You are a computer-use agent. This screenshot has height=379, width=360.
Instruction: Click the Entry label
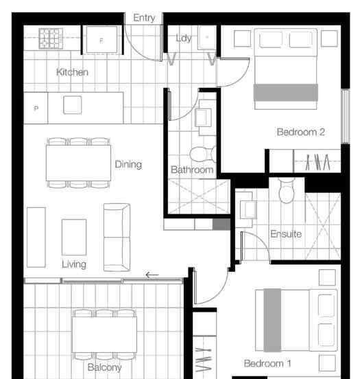pyautogui.click(x=144, y=18)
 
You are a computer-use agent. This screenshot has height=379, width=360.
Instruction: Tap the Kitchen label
pyautogui.click(x=72, y=72)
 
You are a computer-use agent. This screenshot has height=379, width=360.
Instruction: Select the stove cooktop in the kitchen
pyautogui.click(x=51, y=38)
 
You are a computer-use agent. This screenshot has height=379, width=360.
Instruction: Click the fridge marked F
pyautogui.click(x=101, y=40)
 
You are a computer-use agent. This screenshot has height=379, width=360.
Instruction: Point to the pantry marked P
pyautogui.click(x=36, y=108)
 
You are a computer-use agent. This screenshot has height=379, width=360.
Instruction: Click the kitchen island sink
pyautogui.click(x=73, y=105)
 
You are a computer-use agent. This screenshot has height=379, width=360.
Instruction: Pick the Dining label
pyautogui.click(x=128, y=164)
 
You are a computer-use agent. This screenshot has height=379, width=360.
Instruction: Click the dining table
pyautogui.click(x=78, y=163)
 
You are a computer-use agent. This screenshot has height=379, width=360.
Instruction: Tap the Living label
pyautogui.click(x=74, y=264)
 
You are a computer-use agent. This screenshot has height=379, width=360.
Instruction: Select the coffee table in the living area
pyautogui.click(x=74, y=237)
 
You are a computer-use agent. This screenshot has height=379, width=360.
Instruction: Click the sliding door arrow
pyautogui.click(x=152, y=275)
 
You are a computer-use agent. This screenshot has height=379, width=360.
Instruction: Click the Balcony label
pyautogui.click(x=104, y=367)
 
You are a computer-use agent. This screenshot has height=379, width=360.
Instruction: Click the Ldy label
pyautogui.click(x=184, y=38)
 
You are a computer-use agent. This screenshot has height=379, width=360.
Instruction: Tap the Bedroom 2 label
pyautogui.click(x=300, y=132)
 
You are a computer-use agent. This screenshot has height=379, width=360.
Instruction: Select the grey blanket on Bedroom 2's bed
pyautogui.click(x=286, y=92)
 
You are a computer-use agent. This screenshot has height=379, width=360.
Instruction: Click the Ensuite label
pyautogui.click(x=286, y=234)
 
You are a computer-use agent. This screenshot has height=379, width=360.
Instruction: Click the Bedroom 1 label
pyautogui.click(x=267, y=363)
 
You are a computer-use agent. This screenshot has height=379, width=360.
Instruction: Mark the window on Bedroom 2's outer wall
pyautogui.click(x=346, y=116)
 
